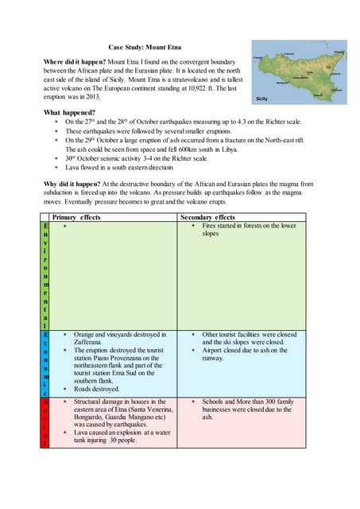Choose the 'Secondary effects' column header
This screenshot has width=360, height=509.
(208, 217)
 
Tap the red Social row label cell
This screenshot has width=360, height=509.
(45, 423)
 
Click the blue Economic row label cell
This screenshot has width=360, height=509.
(45, 363)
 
